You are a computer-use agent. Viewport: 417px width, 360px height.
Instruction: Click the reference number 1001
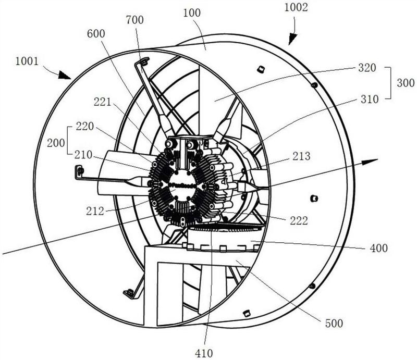point(27,61)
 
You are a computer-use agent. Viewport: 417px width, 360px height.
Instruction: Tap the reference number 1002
point(296,7)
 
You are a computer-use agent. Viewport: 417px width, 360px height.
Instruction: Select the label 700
point(134,20)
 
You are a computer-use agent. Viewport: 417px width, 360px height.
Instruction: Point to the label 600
point(96,34)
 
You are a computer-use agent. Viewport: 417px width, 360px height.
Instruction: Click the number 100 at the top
point(192,13)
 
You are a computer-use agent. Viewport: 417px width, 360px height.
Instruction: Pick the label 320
point(367,68)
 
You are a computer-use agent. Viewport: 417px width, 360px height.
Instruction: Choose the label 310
point(370,100)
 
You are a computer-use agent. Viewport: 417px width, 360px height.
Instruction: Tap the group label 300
point(406,83)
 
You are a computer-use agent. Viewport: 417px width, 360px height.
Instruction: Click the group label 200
point(56,143)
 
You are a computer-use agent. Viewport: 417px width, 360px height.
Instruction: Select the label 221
point(102,102)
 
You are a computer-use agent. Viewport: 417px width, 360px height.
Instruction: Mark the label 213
point(301,156)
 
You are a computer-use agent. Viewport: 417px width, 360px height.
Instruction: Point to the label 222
point(299,221)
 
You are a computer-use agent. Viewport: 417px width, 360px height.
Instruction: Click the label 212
point(95,211)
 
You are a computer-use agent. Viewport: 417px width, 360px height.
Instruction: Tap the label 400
point(379,249)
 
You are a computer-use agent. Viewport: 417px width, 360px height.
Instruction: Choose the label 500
point(334,324)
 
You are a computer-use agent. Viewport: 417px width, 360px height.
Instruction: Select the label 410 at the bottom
point(204,353)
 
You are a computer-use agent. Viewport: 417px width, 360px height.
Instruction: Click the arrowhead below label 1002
point(292,39)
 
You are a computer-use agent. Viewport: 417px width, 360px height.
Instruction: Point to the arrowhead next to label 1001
point(64,75)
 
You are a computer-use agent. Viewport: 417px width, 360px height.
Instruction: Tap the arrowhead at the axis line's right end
point(371,162)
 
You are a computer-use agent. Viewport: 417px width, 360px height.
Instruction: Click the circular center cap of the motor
point(182,185)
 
